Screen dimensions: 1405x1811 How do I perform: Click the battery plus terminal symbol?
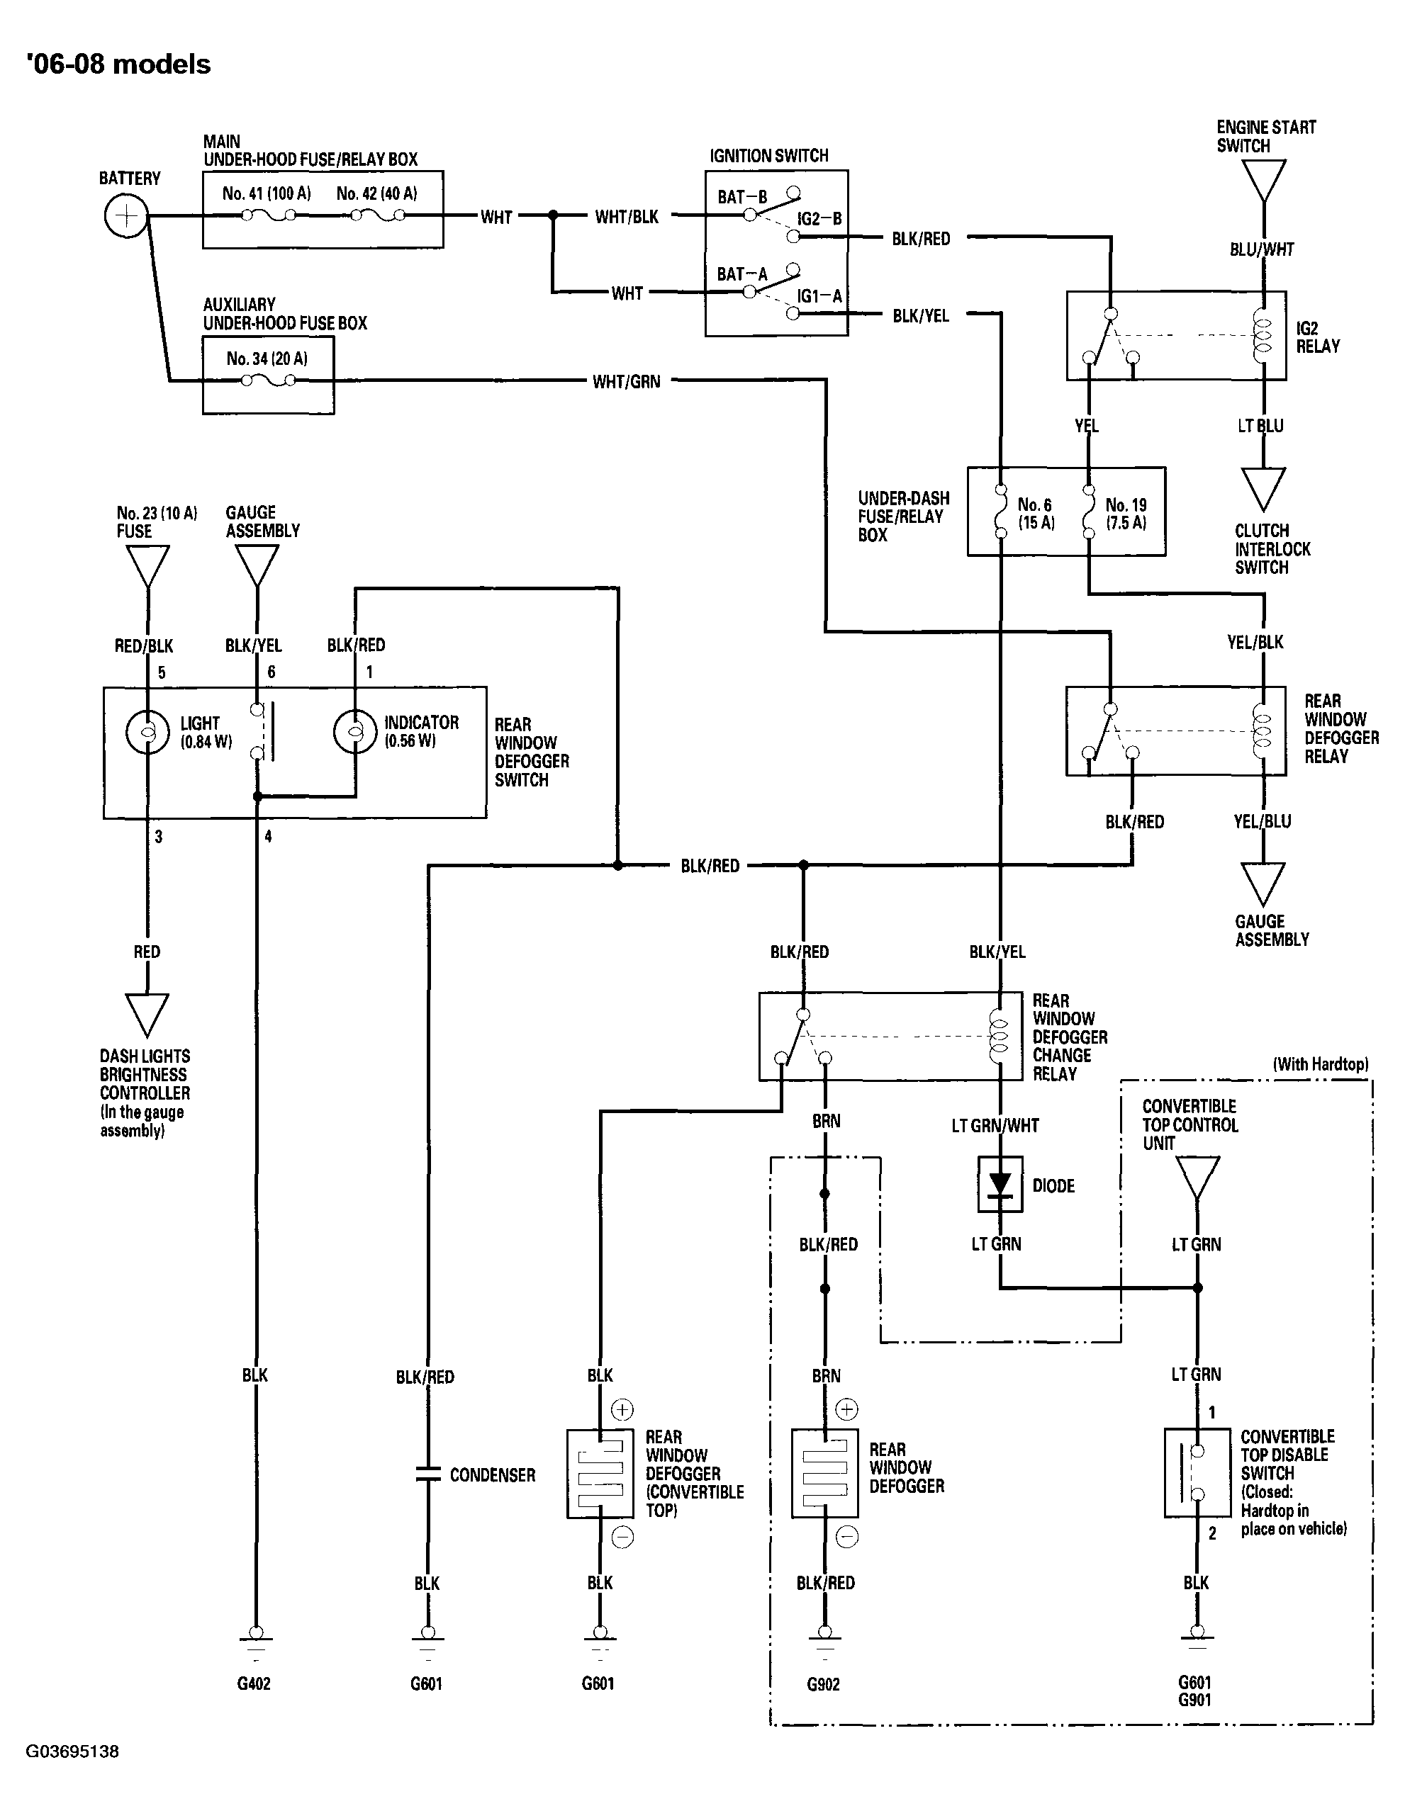[x=126, y=216]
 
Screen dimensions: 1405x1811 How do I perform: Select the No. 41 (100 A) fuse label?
[x=267, y=193]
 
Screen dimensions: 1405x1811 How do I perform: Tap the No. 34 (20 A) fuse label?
[x=267, y=359]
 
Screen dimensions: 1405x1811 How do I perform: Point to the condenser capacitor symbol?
[x=427, y=1474]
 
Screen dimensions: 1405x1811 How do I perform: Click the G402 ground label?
[x=254, y=1683]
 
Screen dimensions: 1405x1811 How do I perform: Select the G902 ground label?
[x=824, y=1684]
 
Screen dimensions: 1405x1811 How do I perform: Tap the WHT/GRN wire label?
[x=626, y=381]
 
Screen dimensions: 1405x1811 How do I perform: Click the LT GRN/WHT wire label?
[x=995, y=1125]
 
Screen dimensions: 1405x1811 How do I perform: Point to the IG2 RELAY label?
[x=1318, y=337]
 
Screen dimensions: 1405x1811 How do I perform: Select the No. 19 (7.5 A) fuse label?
[x=1126, y=513]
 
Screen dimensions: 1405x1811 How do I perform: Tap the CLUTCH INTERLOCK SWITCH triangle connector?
[x=1263, y=489]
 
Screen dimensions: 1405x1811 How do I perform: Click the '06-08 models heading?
[x=118, y=64]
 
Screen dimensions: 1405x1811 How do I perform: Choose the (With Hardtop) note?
[x=1321, y=1064]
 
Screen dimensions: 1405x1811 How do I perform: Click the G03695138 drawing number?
[x=72, y=1751]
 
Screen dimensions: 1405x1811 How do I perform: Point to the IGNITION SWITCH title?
[x=769, y=155]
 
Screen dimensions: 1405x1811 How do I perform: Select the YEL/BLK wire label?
[x=1255, y=642]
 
